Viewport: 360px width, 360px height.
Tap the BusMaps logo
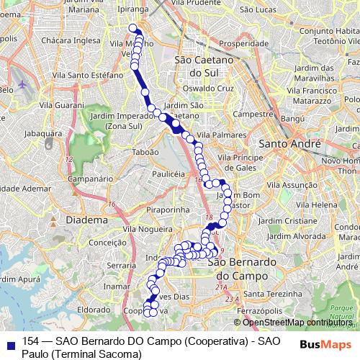pyautogui.click(x=325, y=343)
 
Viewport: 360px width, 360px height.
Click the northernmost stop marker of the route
pyautogui.click(x=132, y=29)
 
